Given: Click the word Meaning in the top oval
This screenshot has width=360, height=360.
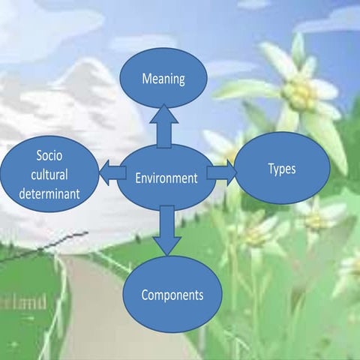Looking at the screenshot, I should (x=163, y=77).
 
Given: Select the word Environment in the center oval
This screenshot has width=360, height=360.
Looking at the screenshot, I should (x=166, y=178).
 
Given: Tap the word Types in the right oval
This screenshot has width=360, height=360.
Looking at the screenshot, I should (x=281, y=169).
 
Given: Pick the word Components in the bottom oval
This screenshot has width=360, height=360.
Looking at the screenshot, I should (x=172, y=295).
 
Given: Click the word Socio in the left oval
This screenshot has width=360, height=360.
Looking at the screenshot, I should (x=51, y=156).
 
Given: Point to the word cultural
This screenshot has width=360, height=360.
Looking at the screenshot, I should (x=52, y=175).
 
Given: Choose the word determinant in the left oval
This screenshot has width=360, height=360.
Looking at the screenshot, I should (x=52, y=194).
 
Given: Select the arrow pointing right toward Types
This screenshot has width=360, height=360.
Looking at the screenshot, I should (x=221, y=173).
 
